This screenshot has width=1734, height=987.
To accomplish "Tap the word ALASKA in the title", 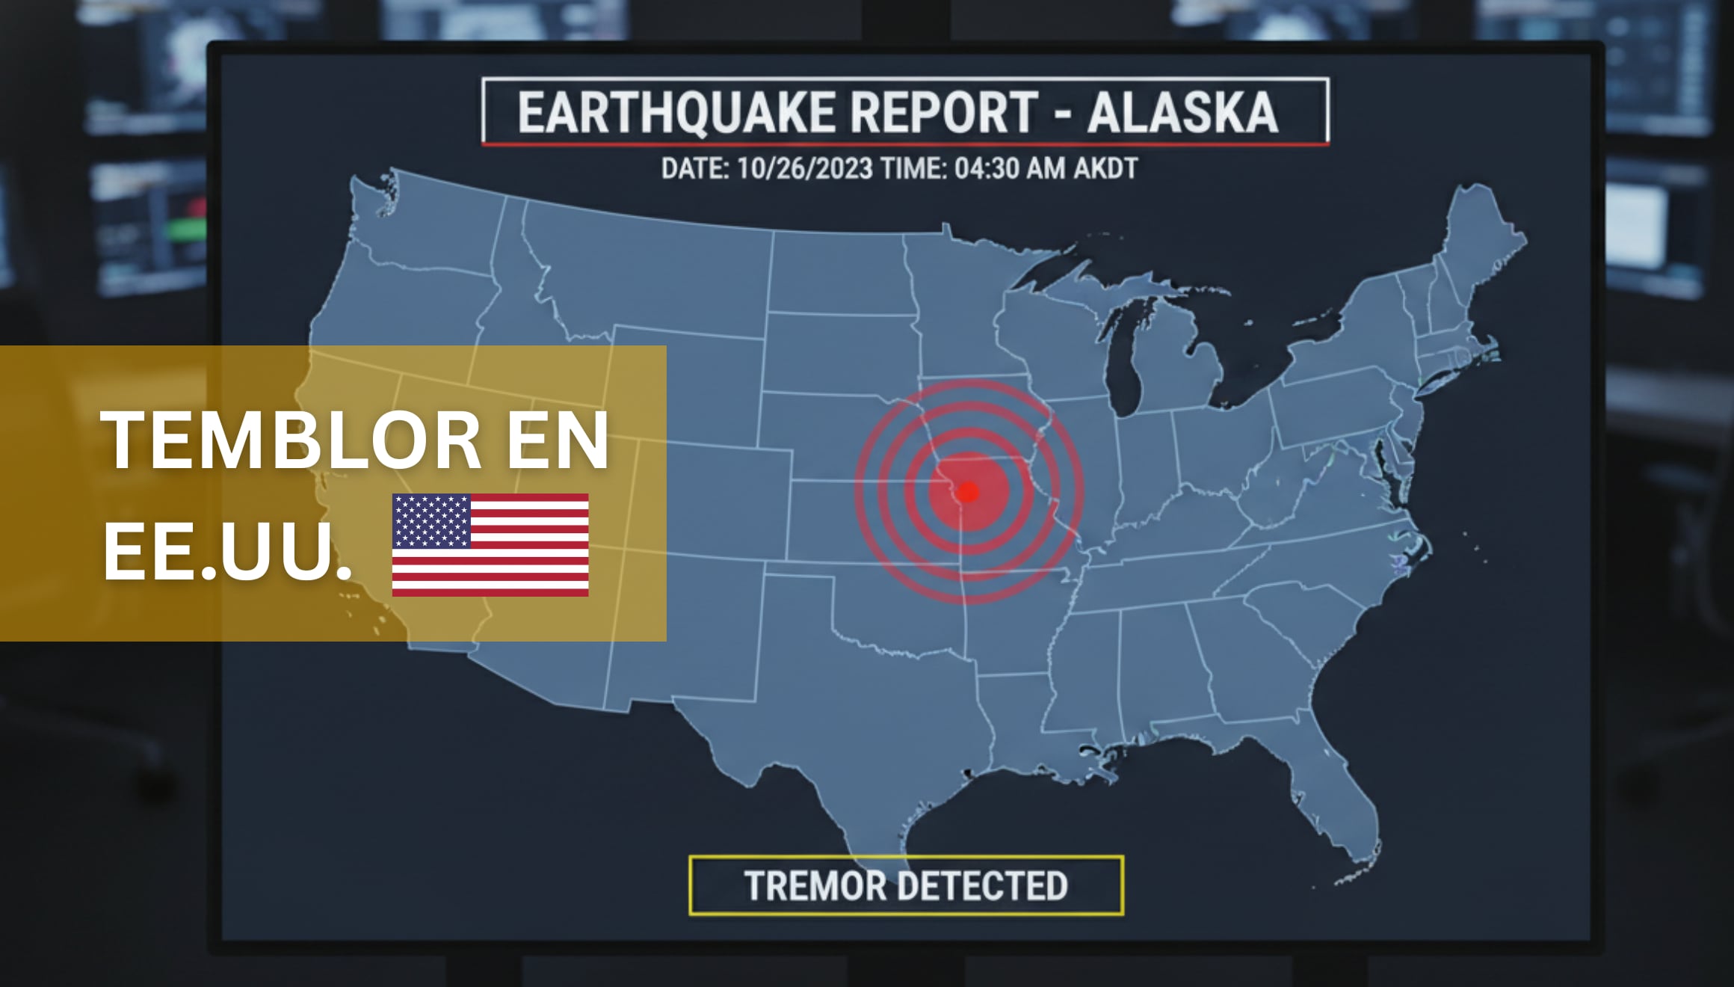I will [x=1182, y=113].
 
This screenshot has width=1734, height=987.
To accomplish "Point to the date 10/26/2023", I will [x=804, y=169].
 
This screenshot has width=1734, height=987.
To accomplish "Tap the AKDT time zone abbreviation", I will [x=1105, y=169].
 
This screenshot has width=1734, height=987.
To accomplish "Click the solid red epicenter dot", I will [x=968, y=492].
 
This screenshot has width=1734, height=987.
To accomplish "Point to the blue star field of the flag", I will [x=431, y=521].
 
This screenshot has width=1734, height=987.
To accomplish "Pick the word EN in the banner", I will [x=558, y=441].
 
